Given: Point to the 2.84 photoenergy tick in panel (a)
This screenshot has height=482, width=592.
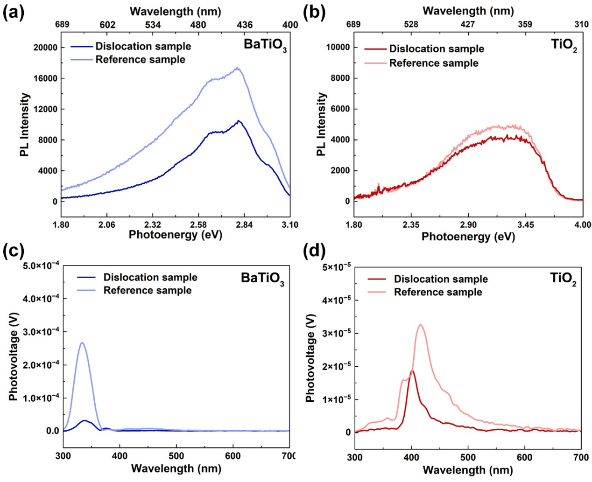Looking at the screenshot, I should [x=244, y=225].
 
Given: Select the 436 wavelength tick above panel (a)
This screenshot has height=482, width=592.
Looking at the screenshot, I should [x=245, y=25].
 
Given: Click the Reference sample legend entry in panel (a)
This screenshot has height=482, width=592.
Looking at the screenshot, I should [x=140, y=60].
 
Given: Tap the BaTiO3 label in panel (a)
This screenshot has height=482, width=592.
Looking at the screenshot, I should [x=265, y=45].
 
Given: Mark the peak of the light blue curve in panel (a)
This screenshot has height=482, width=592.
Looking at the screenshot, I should [x=238, y=68].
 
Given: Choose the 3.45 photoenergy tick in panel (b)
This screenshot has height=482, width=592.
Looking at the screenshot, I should [x=525, y=225].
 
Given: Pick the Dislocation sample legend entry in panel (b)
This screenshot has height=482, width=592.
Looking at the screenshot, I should [x=436, y=49].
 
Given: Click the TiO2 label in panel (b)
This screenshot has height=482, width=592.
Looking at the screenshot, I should [x=564, y=47].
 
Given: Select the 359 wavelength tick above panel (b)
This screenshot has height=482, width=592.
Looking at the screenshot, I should [x=525, y=24].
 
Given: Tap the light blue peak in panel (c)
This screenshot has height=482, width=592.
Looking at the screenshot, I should [x=82, y=342].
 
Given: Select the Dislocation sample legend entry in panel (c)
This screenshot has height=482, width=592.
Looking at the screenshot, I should [x=150, y=277].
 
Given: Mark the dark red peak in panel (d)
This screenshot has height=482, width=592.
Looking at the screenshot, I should [x=412, y=370].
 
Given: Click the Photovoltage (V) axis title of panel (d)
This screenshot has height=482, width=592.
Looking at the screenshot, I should [x=310, y=358].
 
